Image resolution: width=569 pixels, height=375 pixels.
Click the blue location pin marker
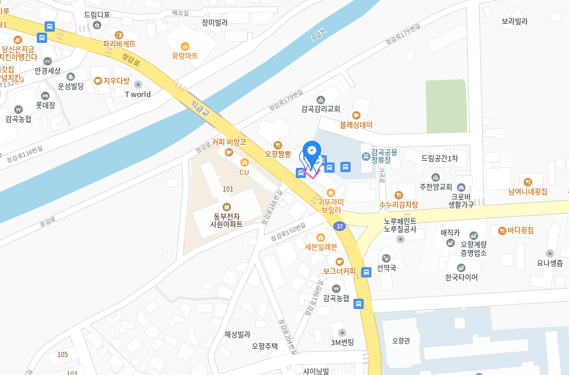point(312,152)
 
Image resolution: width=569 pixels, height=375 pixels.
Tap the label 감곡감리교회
point(320,109)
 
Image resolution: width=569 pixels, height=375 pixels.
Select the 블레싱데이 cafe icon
point(357,115)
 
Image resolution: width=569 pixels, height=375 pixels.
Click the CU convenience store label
point(244,172)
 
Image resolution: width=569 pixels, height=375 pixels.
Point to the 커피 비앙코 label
point(229,142)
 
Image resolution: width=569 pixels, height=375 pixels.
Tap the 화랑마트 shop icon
point(185,46)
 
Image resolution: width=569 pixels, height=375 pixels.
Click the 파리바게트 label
point(119,43)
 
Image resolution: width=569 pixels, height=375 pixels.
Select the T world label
point(137,94)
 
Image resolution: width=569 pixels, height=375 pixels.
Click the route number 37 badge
point(339,226)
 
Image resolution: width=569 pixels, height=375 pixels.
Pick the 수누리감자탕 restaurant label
point(399,205)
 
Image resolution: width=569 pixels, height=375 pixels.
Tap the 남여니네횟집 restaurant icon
point(527,182)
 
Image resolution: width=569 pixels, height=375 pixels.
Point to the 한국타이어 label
point(461,277)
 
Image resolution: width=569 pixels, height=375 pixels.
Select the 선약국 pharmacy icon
point(386,258)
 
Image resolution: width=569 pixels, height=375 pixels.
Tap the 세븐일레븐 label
point(321,247)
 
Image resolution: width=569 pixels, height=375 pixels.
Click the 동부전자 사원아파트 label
point(226,220)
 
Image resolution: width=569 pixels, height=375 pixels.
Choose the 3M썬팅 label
point(342,342)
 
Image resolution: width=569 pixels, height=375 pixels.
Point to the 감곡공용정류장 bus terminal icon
point(366,157)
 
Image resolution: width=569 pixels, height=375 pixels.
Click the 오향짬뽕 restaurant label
point(277,154)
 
